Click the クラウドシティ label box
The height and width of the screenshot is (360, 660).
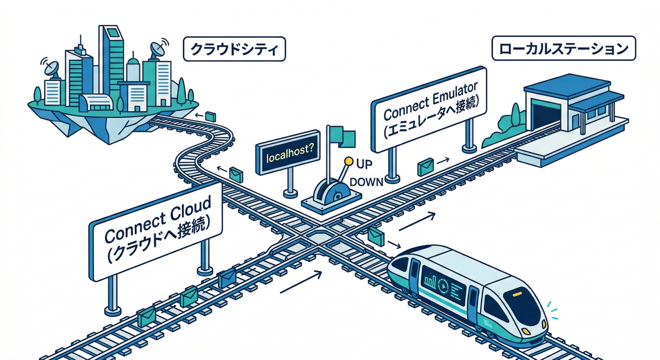[234, 49]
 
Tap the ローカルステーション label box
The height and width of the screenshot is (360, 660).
[563, 49]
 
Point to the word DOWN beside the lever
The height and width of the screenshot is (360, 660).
[367, 181]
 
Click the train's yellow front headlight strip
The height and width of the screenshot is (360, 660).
[517, 294]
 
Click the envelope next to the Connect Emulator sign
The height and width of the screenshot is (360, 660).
[425, 166]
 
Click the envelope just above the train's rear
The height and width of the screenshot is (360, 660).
[376, 236]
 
